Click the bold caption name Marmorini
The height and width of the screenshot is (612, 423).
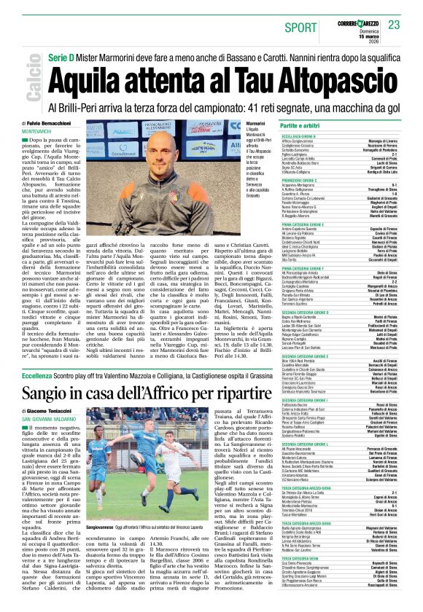[245, 124]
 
